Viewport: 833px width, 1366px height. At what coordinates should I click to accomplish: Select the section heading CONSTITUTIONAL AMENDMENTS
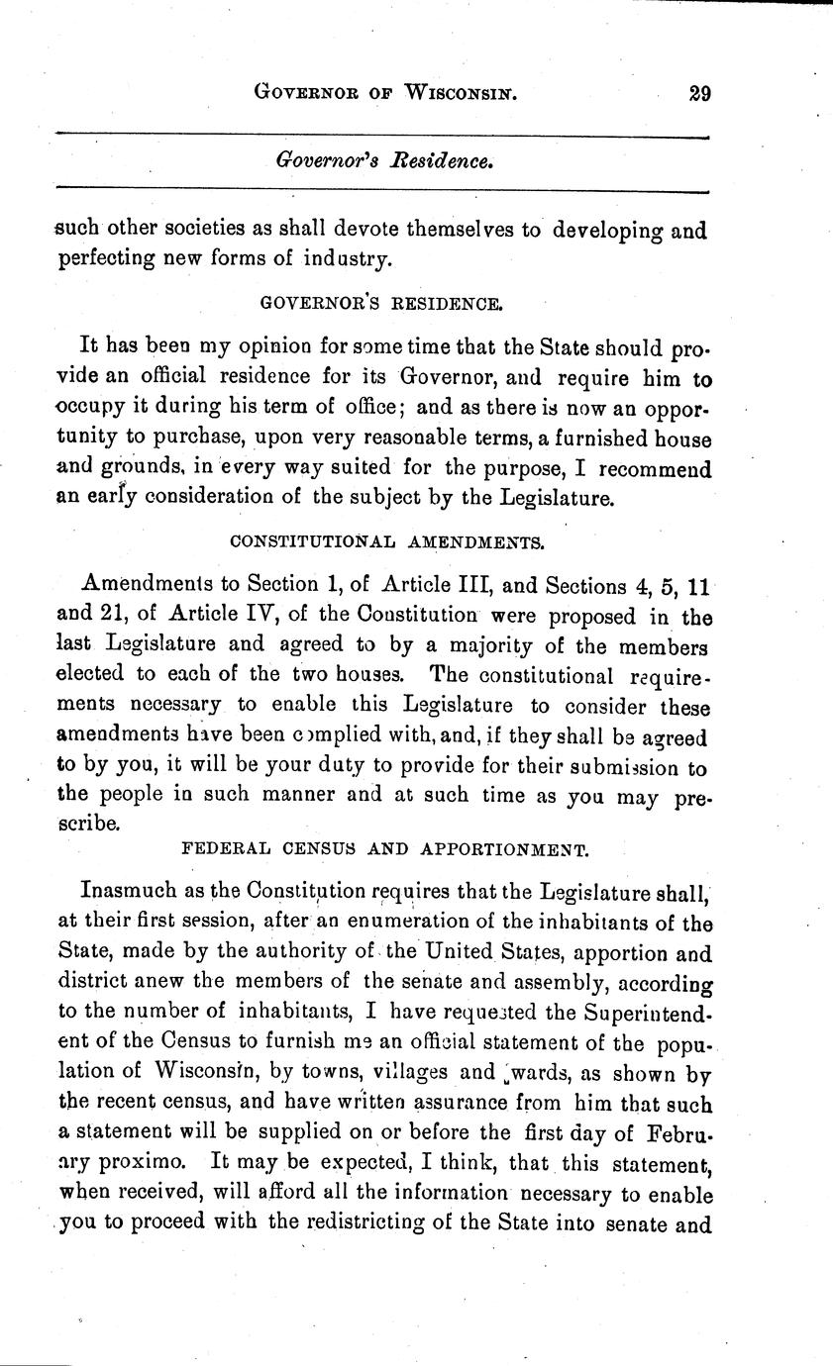pyautogui.click(x=386, y=541)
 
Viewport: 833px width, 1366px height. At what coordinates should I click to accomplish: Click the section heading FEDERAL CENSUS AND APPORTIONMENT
pyautogui.click(x=385, y=848)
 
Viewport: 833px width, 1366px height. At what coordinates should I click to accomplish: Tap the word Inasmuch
pyautogui.click(x=127, y=895)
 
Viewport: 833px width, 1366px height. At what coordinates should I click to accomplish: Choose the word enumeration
pyautogui.click(x=422, y=925)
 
